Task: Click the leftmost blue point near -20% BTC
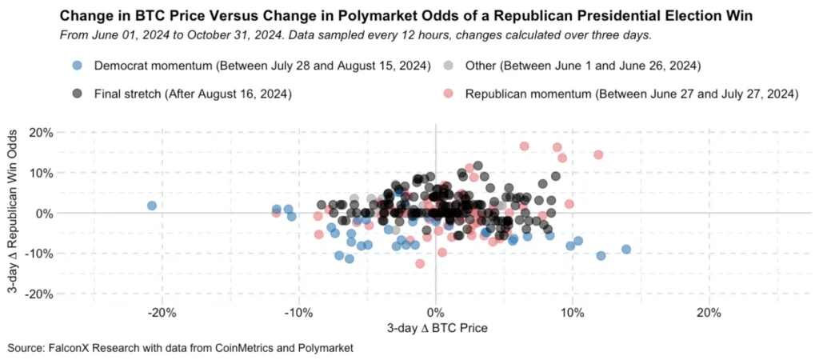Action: [x=151, y=206]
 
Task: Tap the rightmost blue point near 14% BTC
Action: [x=625, y=250]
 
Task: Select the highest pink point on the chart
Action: [x=524, y=146]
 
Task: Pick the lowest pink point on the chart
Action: [x=419, y=264]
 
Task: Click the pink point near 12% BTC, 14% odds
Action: [x=598, y=154]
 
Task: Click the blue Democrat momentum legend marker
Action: [x=76, y=66]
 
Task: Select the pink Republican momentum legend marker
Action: [x=447, y=94]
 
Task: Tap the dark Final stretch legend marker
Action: [x=76, y=94]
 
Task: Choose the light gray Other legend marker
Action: [x=447, y=66]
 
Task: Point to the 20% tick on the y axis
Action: [x=42, y=132]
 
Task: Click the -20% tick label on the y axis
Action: [x=40, y=294]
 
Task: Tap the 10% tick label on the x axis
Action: [x=573, y=314]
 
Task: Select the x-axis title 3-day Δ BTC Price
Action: [x=437, y=329]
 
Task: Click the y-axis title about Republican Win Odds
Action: [x=14, y=213]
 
